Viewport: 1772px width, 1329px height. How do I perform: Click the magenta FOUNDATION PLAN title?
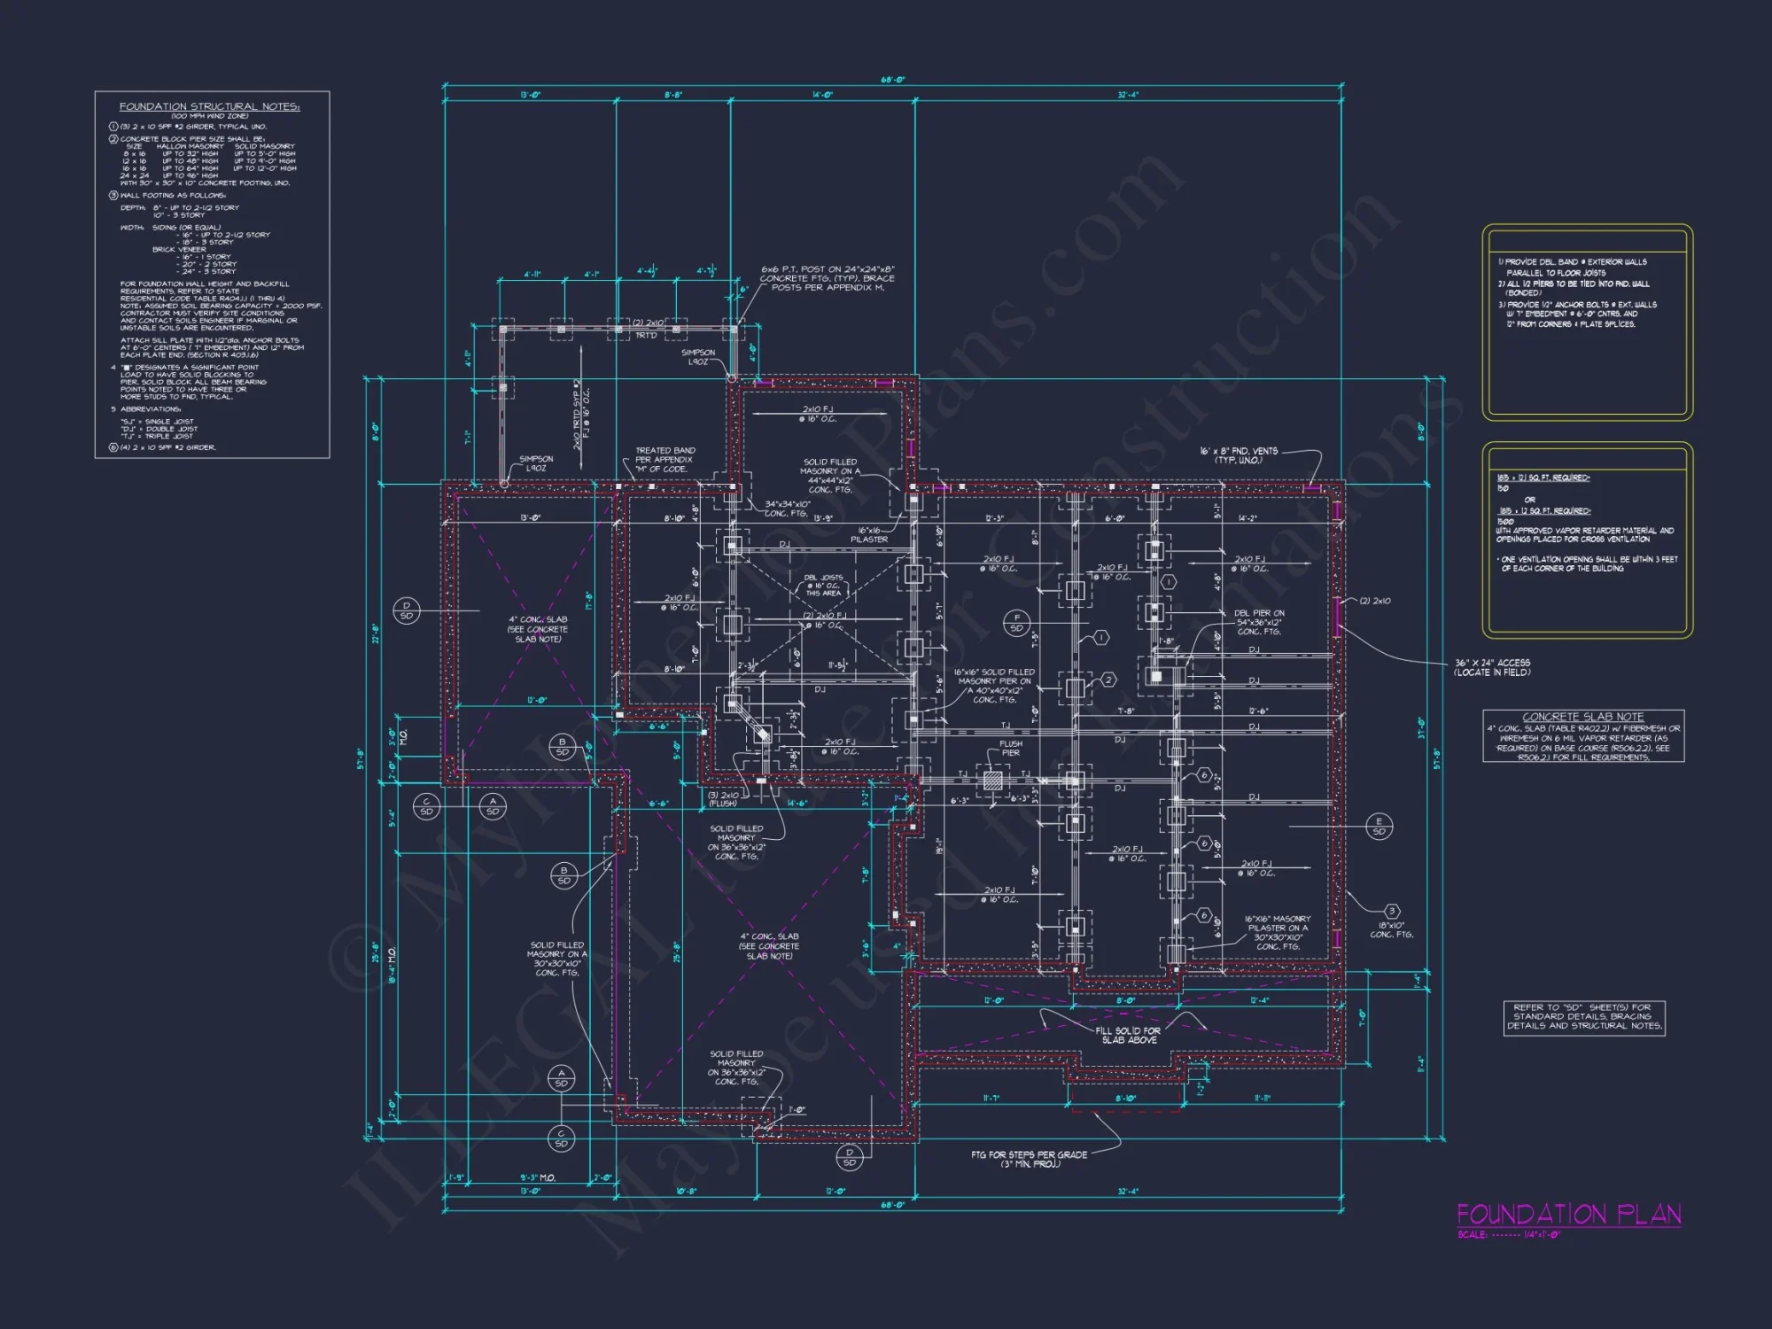point(1568,1214)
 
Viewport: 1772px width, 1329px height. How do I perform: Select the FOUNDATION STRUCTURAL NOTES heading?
point(210,106)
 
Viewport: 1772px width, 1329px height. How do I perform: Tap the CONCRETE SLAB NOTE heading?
point(1582,717)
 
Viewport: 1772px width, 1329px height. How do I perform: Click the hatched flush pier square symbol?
point(993,781)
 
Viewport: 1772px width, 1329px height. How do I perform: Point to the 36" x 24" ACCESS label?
point(1492,667)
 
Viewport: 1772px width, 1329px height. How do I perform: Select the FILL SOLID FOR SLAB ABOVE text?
point(1128,1035)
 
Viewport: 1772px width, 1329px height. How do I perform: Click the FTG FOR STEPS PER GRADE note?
point(1029,1159)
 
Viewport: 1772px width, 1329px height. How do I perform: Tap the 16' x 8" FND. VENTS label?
point(1239,455)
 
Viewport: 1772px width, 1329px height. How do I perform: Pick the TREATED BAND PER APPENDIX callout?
point(664,459)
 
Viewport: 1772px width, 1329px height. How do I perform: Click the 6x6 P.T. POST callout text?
point(828,278)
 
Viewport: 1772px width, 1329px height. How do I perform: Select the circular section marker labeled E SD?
point(1379,826)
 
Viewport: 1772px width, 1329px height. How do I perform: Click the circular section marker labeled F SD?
point(1016,622)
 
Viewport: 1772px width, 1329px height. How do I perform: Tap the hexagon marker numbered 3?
point(1392,911)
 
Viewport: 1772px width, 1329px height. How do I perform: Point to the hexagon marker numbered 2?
point(1108,680)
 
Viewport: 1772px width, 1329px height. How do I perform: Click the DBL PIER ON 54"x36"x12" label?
point(1259,622)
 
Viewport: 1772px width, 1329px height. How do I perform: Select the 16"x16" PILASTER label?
point(868,534)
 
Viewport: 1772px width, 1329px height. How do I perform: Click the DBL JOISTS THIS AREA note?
point(824,585)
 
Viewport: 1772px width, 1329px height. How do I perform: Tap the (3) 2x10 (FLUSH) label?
point(723,798)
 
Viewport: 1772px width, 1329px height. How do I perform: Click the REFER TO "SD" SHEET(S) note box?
point(1583,1016)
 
